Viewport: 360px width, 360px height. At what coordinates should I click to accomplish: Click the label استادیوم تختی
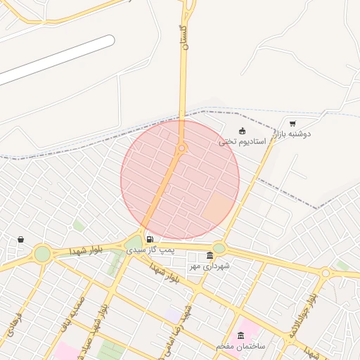tap(241, 141)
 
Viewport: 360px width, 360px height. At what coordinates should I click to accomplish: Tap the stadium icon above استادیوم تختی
tap(243, 130)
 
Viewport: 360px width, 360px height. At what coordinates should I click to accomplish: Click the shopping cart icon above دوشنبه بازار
tap(292, 123)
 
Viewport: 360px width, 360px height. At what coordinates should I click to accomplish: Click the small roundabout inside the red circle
tap(181, 148)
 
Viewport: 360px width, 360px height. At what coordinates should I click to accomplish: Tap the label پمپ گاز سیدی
tap(146, 250)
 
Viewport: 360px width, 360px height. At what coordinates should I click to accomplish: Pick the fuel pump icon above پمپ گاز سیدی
tap(149, 239)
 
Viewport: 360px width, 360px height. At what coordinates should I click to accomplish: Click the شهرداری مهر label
tap(210, 266)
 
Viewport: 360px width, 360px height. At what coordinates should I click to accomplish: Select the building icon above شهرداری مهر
tap(210, 255)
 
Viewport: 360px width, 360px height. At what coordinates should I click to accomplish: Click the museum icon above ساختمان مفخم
tap(243, 335)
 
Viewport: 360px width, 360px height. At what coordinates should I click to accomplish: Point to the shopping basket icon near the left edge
tap(20, 239)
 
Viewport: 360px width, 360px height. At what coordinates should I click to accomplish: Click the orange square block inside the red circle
tap(217, 207)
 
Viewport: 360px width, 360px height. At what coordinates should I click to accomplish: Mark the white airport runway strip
tap(56, 59)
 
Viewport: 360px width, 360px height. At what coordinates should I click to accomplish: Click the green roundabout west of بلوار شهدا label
tap(43, 253)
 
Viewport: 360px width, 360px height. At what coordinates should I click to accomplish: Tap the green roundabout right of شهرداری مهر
tap(219, 247)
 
